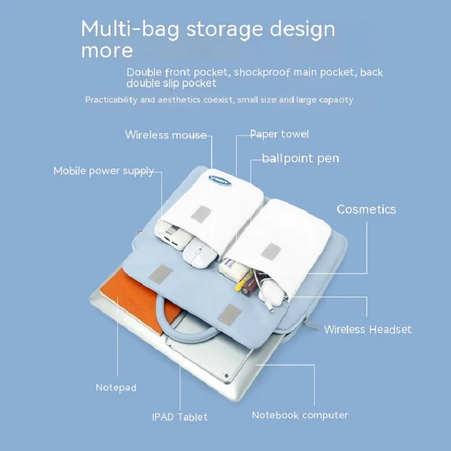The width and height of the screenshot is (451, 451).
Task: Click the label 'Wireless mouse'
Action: tap(166, 135)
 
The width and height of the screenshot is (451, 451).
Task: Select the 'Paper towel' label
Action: tap(280, 134)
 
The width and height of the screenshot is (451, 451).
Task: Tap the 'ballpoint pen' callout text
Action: tap(300, 158)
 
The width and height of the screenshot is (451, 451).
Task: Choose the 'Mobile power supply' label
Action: tap(104, 171)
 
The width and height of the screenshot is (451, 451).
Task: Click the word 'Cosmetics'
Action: tap(366, 209)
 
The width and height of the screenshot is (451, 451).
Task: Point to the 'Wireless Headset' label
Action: tap(368, 329)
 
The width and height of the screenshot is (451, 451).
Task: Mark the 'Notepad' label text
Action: tap(116, 388)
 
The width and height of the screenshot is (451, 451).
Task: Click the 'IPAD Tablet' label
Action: tap(179, 417)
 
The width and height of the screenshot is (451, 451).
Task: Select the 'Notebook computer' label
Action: tap(299, 415)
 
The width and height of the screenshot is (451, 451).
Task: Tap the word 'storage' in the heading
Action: tap(215, 29)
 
